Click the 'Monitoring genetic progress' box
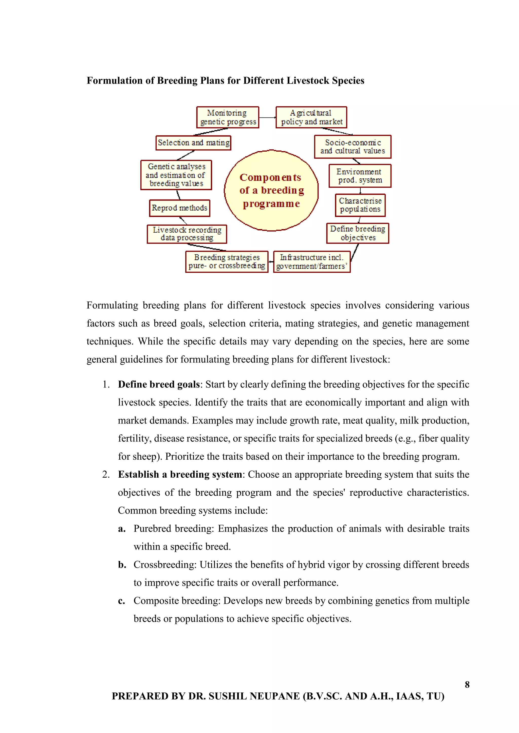tap(228, 117)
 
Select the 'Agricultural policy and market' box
tap(311, 117)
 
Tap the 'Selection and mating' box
tap(193, 143)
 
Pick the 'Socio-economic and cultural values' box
tap(353, 147)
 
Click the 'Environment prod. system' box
tap(360, 176)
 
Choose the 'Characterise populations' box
tap(360, 205)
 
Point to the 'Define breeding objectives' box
tap(358, 233)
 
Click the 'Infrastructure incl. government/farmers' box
tap(312, 262)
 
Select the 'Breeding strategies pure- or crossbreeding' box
tap(227, 262)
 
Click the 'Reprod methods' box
tap(179, 208)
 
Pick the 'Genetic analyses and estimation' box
tap(176, 175)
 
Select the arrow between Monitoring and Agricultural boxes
tap(267, 117)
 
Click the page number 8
tap(467, 684)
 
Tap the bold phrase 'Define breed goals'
tap(159, 384)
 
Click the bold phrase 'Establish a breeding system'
tap(180, 474)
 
